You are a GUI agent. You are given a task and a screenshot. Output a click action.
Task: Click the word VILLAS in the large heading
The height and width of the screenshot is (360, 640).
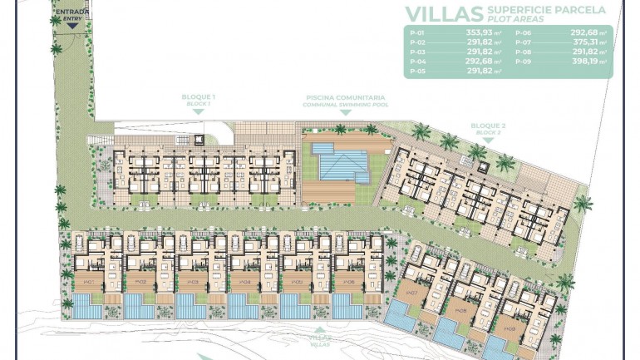point(443,13)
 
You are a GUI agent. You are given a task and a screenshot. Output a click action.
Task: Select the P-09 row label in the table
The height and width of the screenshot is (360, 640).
point(523,62)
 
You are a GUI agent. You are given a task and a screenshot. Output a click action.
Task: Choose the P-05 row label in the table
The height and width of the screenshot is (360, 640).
point(417,72)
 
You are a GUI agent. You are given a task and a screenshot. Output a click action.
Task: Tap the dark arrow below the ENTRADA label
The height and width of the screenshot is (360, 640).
point(71,26)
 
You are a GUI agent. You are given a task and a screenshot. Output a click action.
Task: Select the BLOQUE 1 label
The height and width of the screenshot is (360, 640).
point(198,99)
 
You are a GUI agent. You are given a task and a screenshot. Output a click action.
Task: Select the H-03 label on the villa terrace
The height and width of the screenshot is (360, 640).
point(192,283)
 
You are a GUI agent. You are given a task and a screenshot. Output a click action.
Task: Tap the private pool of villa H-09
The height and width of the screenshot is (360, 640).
point(499,346)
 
